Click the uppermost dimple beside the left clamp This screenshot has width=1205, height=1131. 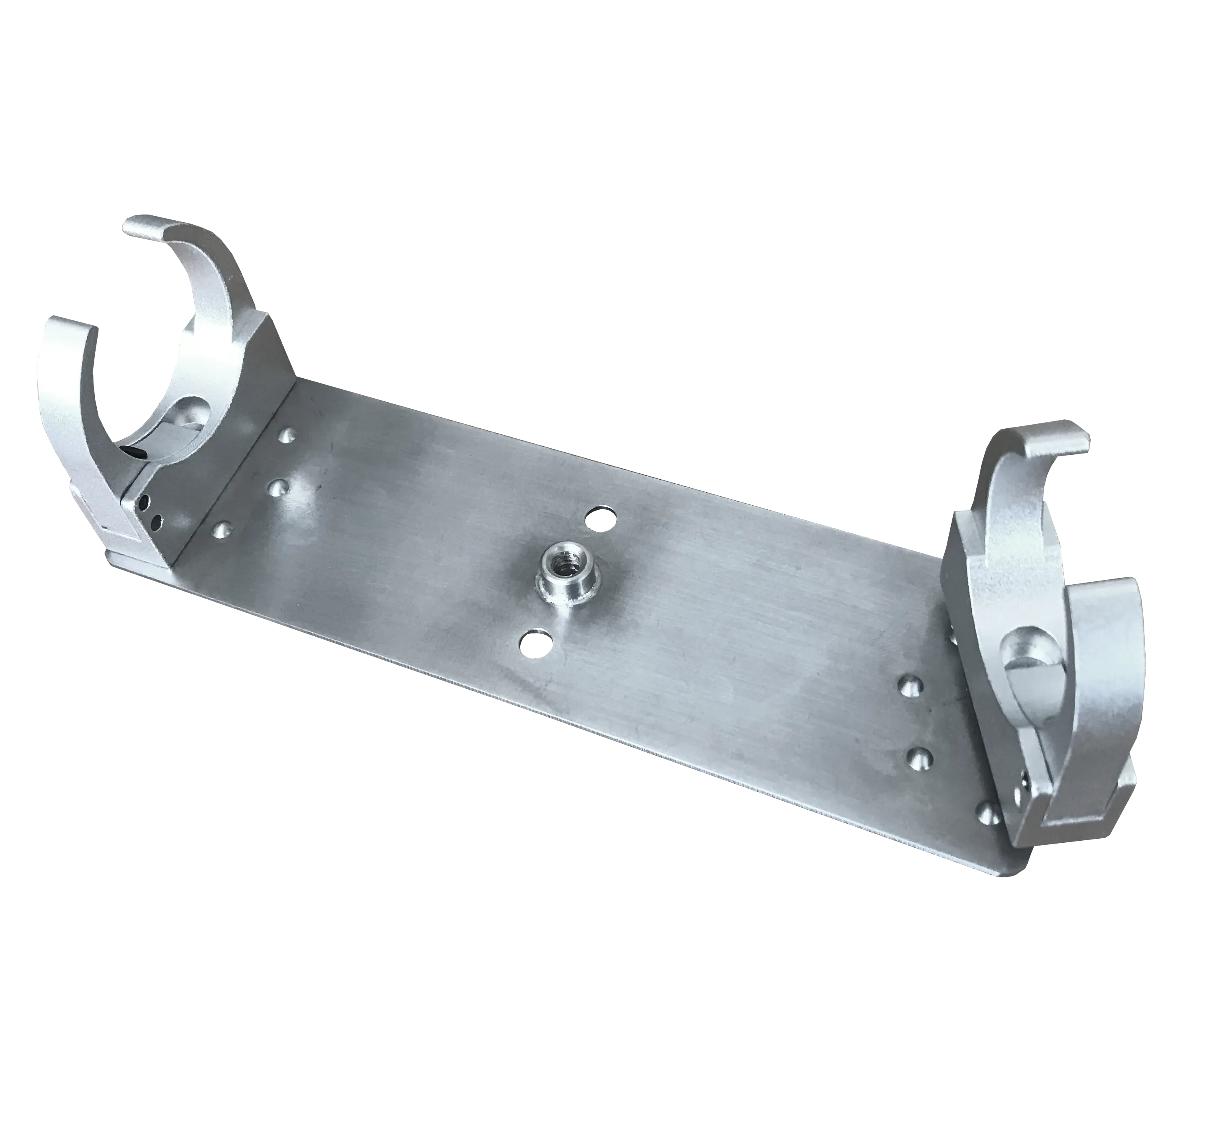coord(287,435)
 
